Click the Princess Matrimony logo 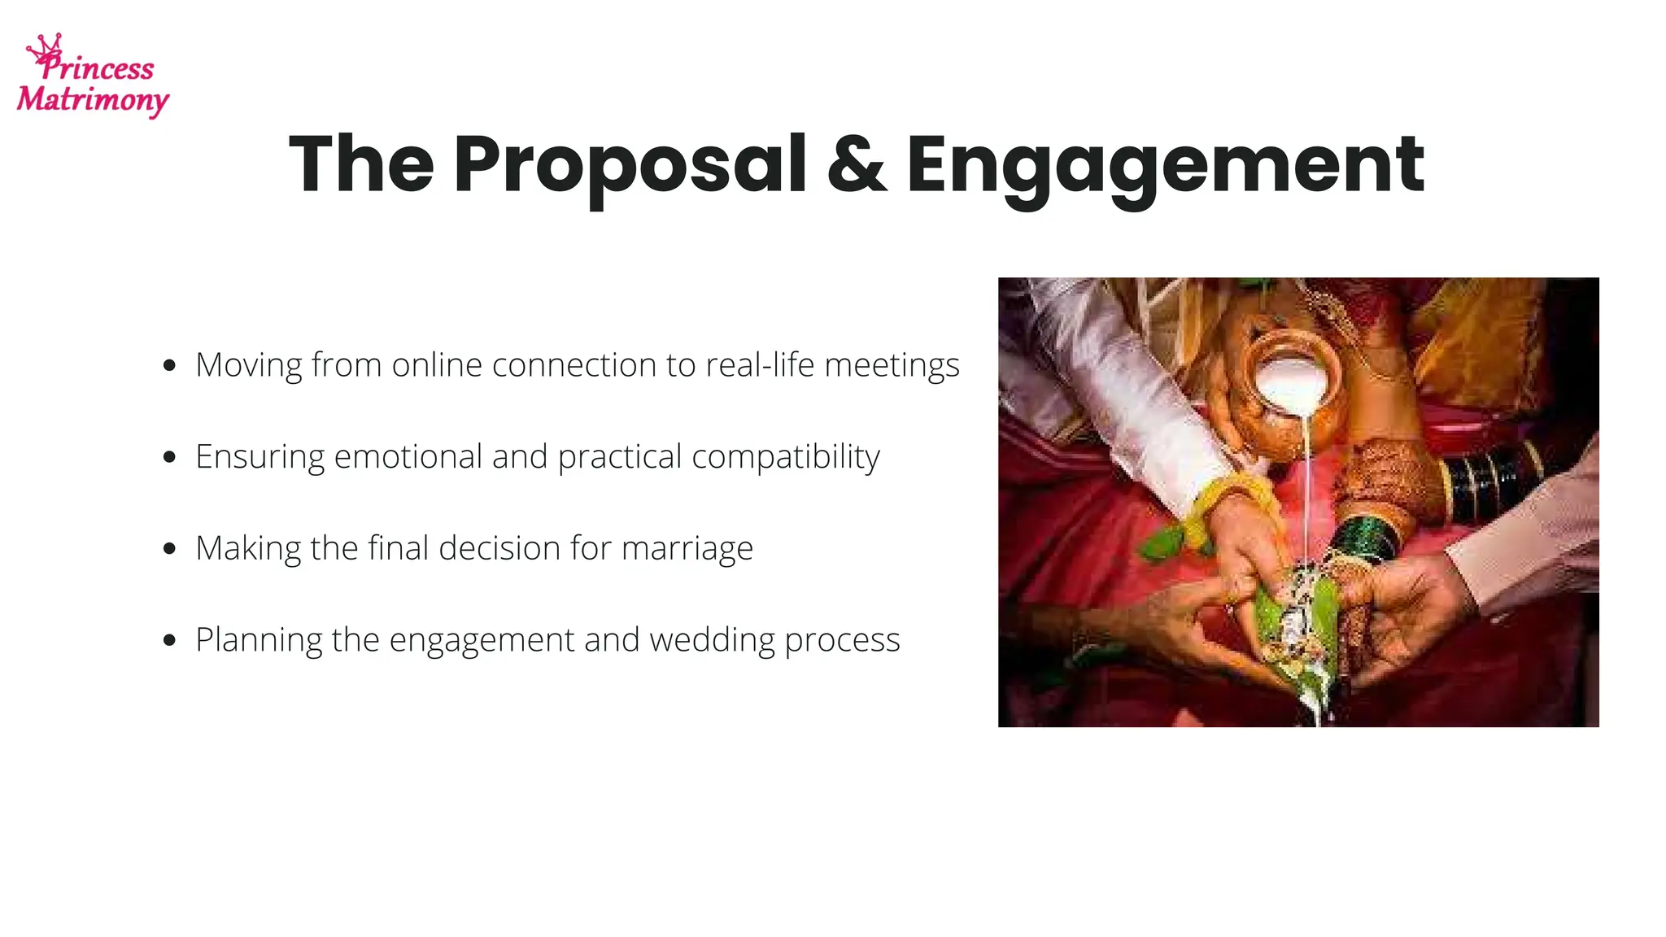coord(93,76)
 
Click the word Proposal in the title coord(630,165)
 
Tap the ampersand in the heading coord(857,165)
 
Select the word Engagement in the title coord(1165,165)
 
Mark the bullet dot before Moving coord(169,365)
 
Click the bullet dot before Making coord(169,548)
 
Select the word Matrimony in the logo coord(93,100)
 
